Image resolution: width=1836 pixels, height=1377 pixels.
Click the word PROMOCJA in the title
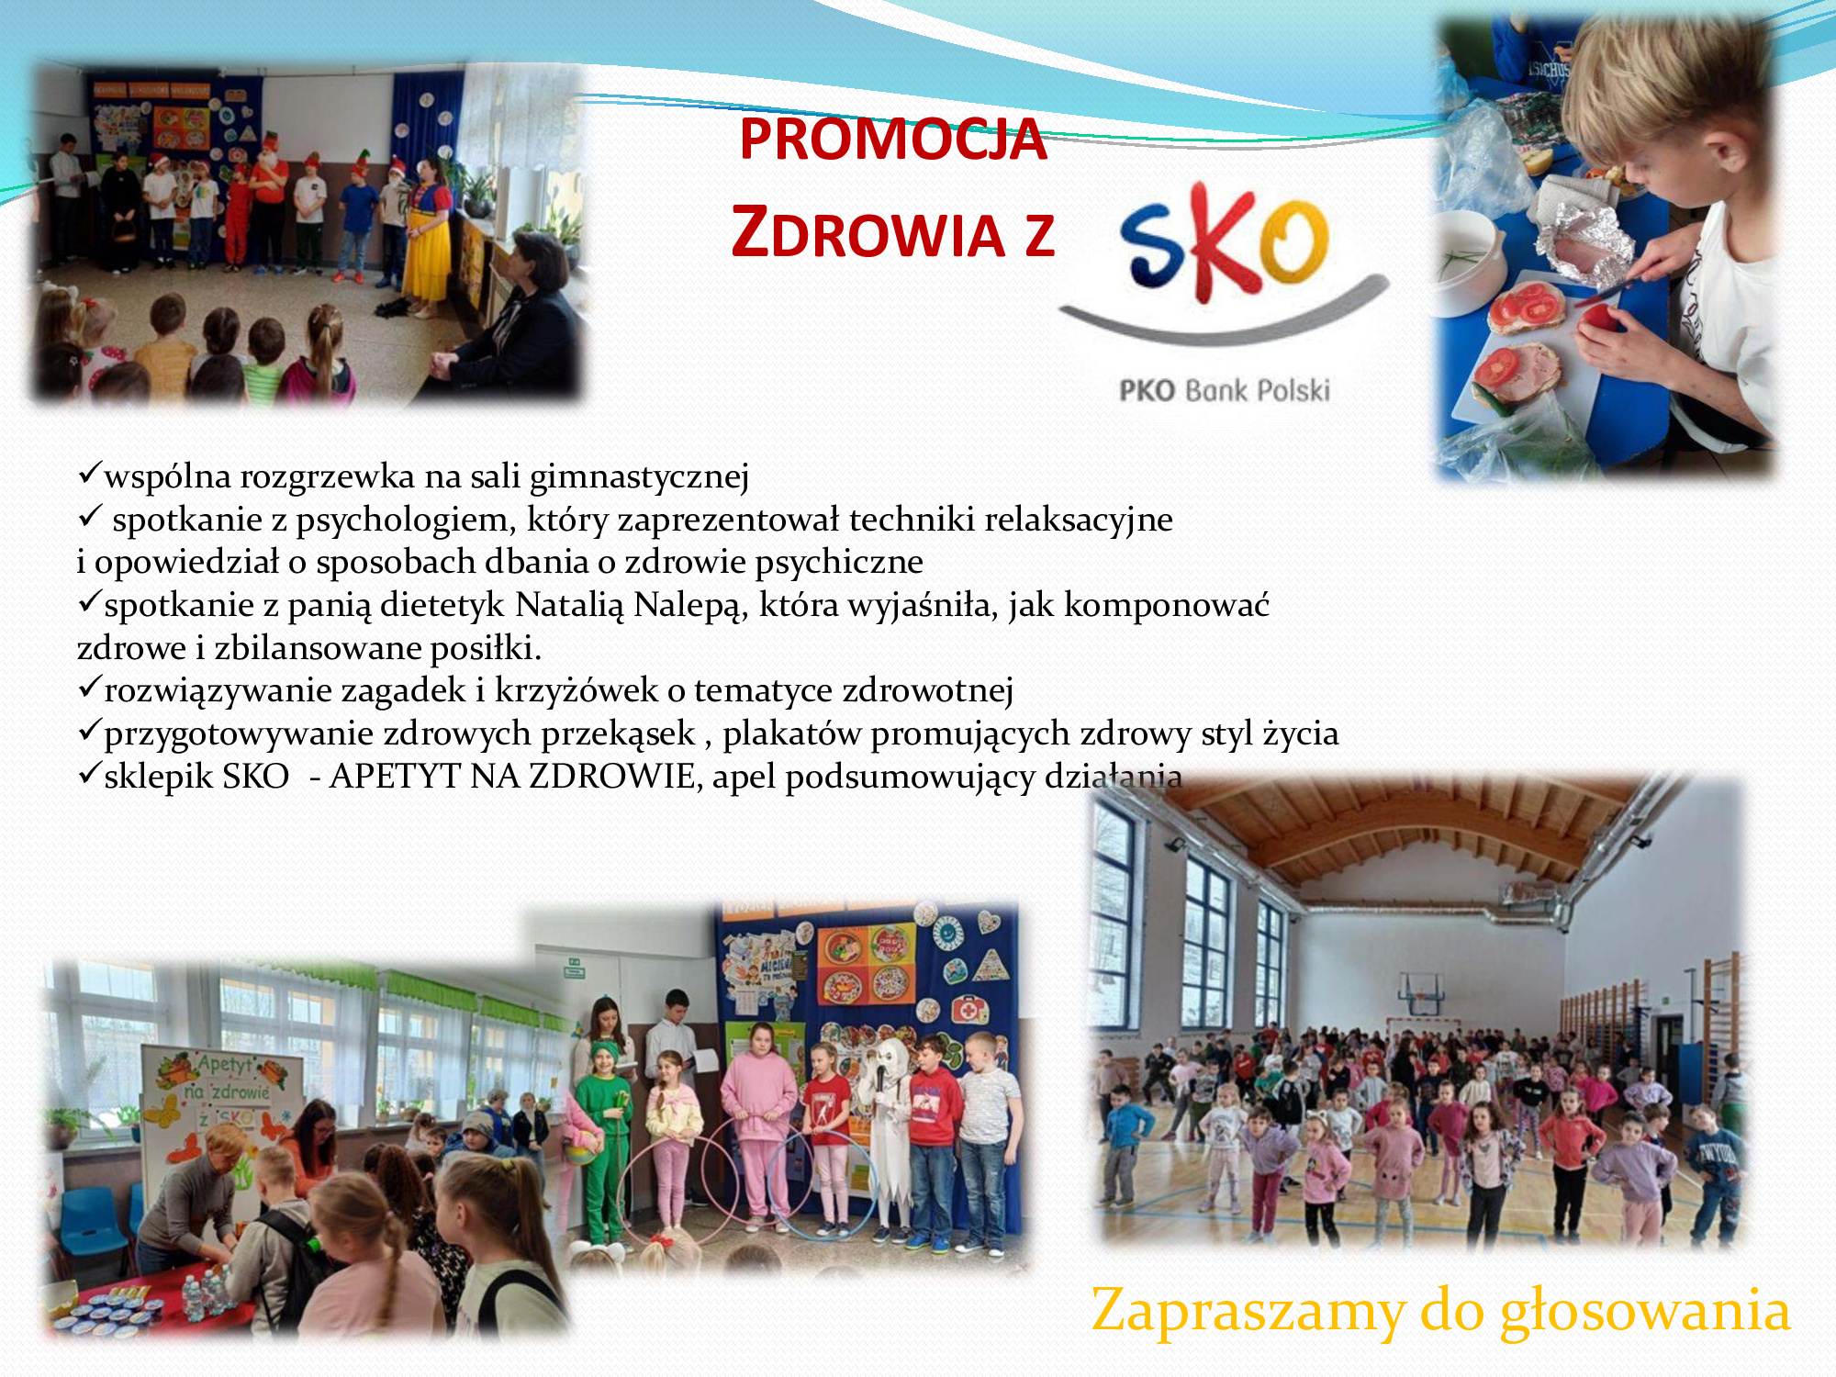[x=893, y=140]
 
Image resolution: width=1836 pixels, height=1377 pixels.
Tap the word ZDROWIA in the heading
[x=868, y=232]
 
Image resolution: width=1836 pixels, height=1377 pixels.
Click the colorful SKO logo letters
[x=1224, y=241]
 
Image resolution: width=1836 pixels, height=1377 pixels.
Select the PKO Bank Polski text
[x=1224, y=391]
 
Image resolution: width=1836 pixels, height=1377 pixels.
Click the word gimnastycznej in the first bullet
[x=639, y=477]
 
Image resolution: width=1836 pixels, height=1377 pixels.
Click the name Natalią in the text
[x=569, y=605]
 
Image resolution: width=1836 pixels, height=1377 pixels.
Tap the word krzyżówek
[x=577, y=690]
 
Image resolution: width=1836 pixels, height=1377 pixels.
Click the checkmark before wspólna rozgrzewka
[x=89, y=474]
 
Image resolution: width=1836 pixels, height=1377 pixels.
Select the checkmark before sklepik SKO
[x=89, y=773]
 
